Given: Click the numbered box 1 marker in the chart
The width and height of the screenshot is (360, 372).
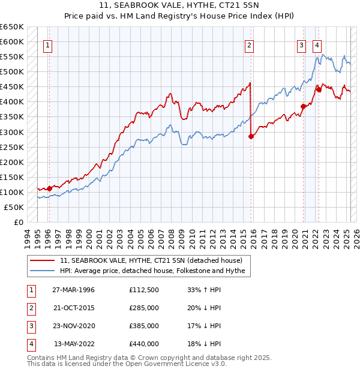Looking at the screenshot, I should (47, 44).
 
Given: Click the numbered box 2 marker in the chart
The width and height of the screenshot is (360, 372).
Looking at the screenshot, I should (249, 44).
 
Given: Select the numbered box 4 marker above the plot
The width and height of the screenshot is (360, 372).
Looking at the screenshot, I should (316, 44).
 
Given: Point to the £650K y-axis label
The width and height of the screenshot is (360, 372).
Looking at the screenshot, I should (11, 27).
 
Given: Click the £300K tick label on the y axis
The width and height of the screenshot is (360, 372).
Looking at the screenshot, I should (11, 132).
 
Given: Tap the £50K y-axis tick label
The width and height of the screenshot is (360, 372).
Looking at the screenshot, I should (14, 207).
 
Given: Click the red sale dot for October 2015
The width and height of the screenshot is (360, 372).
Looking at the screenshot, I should (251, 136).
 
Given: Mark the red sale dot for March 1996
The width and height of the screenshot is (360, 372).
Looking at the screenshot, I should (49, 188).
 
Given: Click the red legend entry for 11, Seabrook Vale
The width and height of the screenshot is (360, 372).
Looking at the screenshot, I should (151, 260).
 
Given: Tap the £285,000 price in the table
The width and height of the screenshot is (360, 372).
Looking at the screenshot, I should (143, 308).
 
